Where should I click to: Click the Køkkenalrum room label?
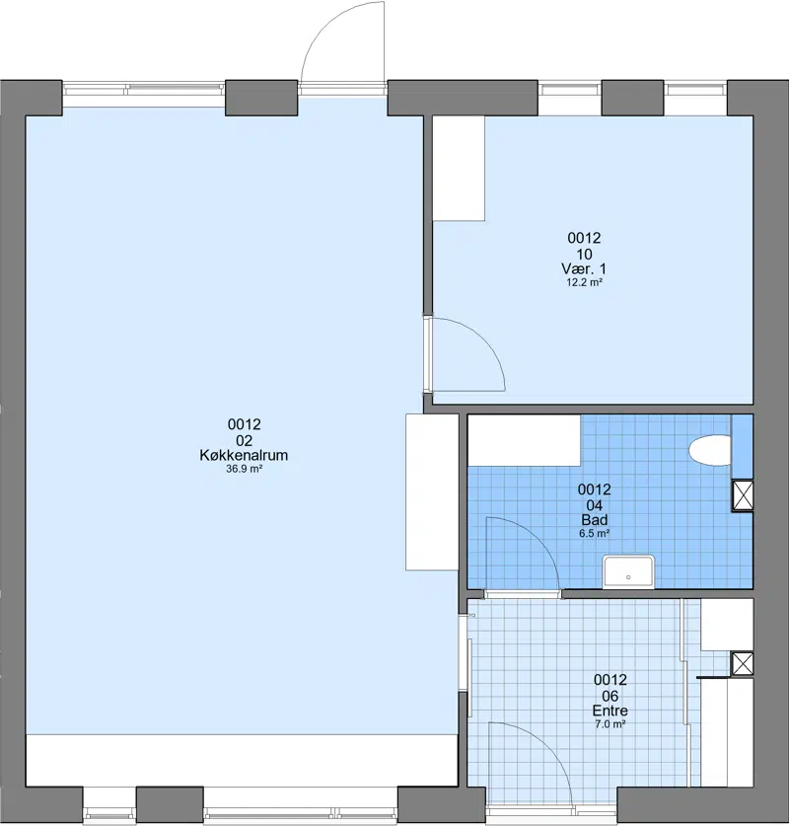pyautogui.click(x=244, y=455)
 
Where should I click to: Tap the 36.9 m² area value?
pyautogui.click(x=245, y=469)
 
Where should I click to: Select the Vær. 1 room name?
pyautogui.click(x=584, y=268)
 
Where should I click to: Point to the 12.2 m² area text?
pyautogui.click(x=584, y=282)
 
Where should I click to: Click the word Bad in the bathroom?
pyautogui.click(x=595, y=520)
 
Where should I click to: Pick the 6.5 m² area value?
pyautogui.click(x=595, y=534)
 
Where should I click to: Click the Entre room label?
pyautogui.click(x=610, y=711)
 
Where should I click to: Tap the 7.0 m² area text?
pyautogui.click(x=610, y=724)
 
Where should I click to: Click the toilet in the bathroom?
pyautogui.click(x=710, y=450)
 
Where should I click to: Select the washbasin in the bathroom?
pyautogui.click(x=628, y=571)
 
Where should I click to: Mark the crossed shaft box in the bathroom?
pyautogui.click(x=743, y=495)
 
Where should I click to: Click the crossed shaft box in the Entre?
pyautogui.click(x=743, y=663)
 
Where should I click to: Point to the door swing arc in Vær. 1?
pyautogui.click(x=483, y=340)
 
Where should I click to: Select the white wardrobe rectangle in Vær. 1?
pyautogui.click(x=459, y=168)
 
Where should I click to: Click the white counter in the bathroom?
pyautogui.click(x=525, y=440)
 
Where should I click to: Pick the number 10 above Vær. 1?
pyautogui.click(x=584, y=255)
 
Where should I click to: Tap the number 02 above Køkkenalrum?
pyautogui.click(x=245, y=440)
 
